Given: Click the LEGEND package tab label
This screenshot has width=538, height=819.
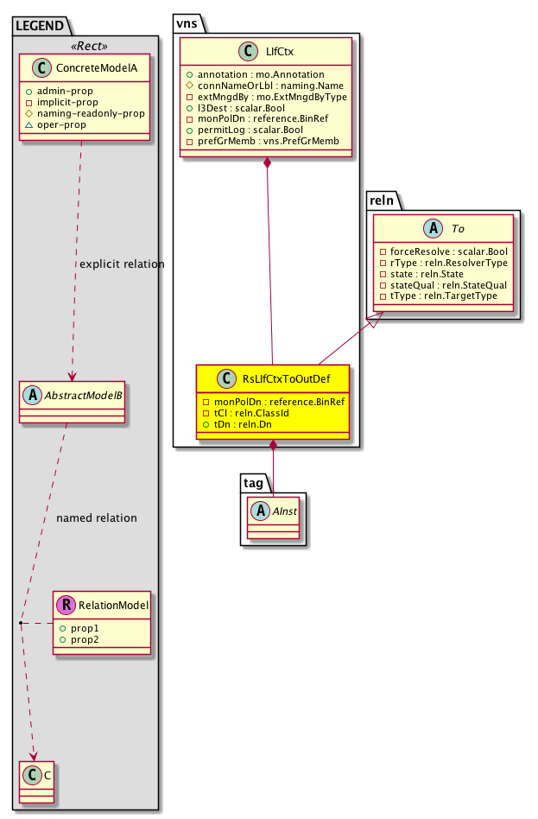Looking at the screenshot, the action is click(x=40, y=26).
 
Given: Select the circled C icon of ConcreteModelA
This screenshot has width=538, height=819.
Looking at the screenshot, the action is click(x=41, y=68).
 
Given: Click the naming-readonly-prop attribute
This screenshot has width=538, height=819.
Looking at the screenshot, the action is click(x=85, y=113).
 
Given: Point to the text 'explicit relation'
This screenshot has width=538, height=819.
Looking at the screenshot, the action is click(x=122, y=264).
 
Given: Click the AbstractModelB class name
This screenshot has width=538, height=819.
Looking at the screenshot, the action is click(x=84, y=396).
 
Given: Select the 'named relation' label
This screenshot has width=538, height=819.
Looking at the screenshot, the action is click(x=97, y=518).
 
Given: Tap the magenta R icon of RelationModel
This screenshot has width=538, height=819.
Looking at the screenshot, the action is click(x=66, y=605).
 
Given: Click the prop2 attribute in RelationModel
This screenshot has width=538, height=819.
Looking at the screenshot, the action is click(x=79, y=640).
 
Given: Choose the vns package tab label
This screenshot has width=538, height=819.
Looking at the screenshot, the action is click(x=187, y=23).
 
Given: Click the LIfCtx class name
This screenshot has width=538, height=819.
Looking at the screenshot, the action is click(x=280, y=52).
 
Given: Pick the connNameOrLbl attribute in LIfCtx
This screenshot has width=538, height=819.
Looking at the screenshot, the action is click(x=265, y=86).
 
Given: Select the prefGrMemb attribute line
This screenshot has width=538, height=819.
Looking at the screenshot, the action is click(x=263, y=141).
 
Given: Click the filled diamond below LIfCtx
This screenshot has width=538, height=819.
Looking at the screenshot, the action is click(x=268, y=162).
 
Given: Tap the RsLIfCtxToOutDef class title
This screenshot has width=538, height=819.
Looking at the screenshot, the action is click(x=286, y=379).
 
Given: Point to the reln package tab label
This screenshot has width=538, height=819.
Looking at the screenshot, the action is click(x=382, y=200).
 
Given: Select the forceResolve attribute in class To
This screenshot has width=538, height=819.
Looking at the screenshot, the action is click(x=443, y=251).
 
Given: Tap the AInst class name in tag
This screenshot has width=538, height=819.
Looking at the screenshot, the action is click(x=285, y=511).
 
